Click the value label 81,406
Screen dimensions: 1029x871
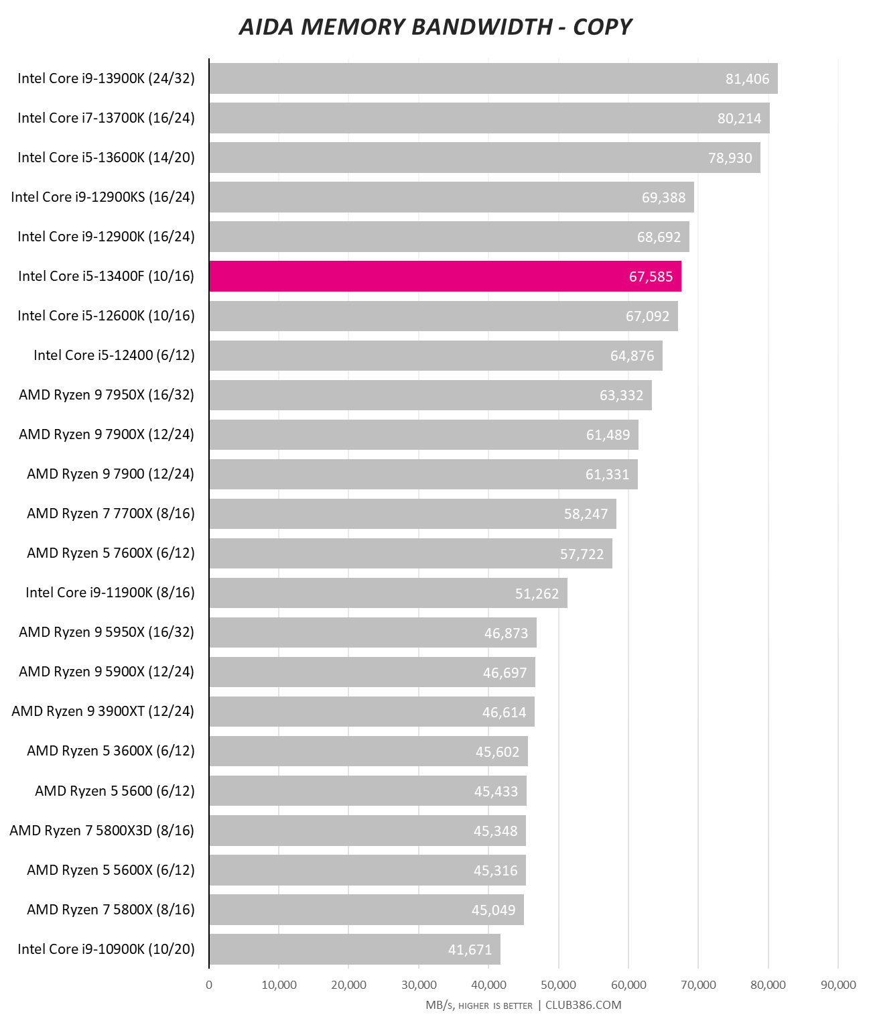[747, 79]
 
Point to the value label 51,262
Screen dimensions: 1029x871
[537, 594]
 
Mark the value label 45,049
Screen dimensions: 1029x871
[493, 910]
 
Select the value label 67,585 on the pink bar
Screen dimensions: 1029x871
[651, 277]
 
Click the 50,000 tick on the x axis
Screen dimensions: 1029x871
[559, 985]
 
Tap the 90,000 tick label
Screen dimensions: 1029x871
[838, 985]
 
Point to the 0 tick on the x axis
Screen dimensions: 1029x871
[209, 985]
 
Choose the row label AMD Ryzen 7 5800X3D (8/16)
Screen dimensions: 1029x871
[102, 831]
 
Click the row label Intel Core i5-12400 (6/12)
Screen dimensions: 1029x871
[114, 355]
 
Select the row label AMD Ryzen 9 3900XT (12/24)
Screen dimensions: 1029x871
[103, 711]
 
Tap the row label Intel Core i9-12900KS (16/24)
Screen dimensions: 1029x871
[103, 197]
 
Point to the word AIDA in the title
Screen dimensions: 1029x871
[267, 27]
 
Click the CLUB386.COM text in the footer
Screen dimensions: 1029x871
[583, 1005]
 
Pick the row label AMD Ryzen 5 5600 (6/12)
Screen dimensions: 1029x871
[115, 791]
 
